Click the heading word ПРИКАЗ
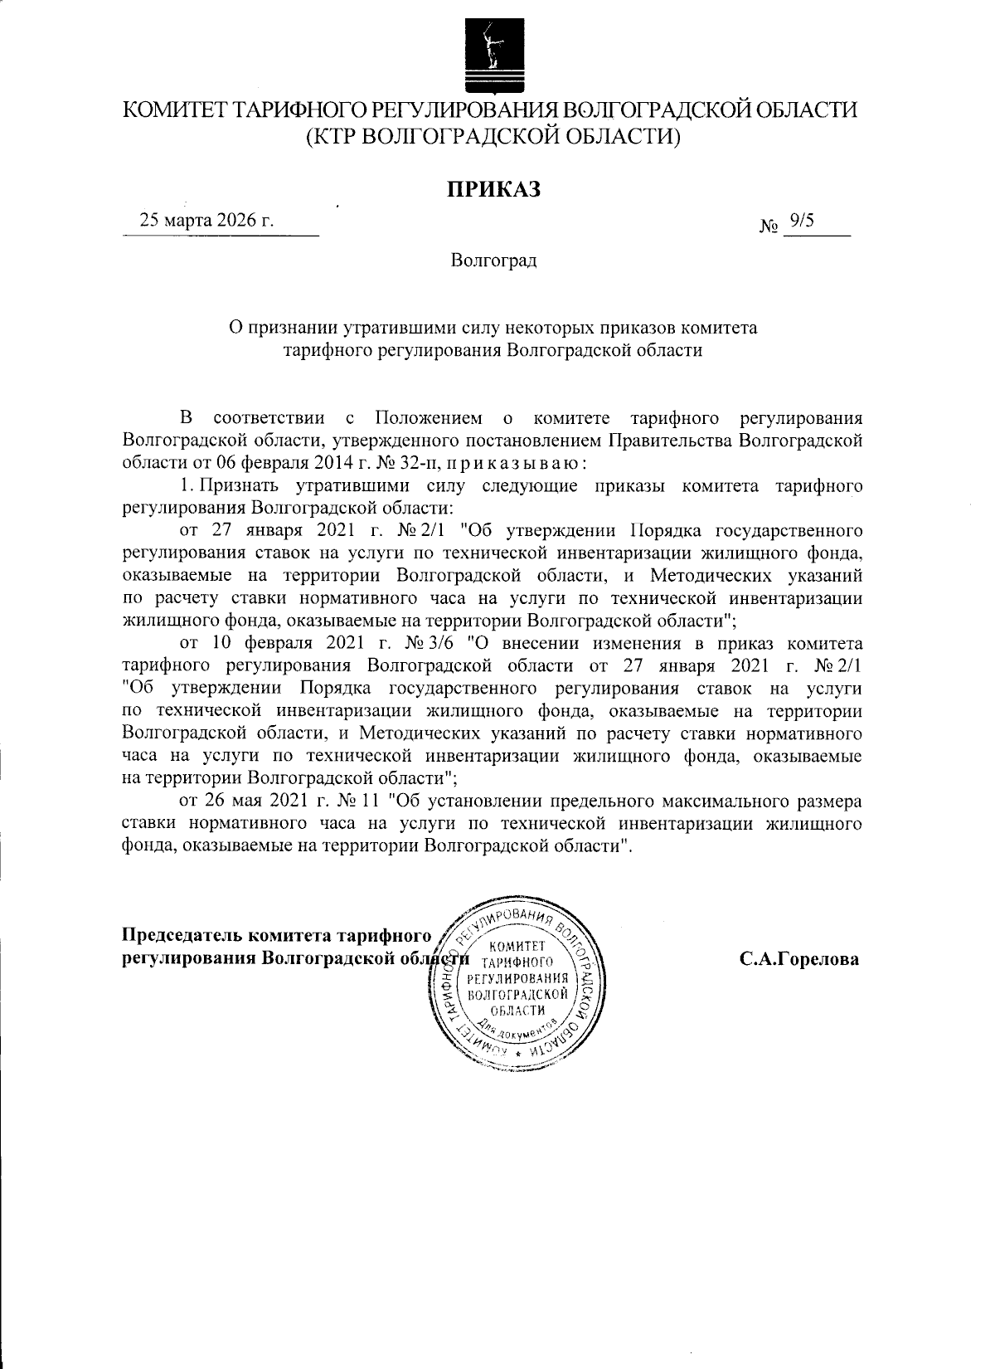[x=494, y=189]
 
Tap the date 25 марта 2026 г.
[x=207, y=221]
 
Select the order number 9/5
[x=803, y=220]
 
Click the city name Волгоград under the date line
[x=494, y=261]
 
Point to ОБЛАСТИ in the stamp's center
[x=517, y=1009]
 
